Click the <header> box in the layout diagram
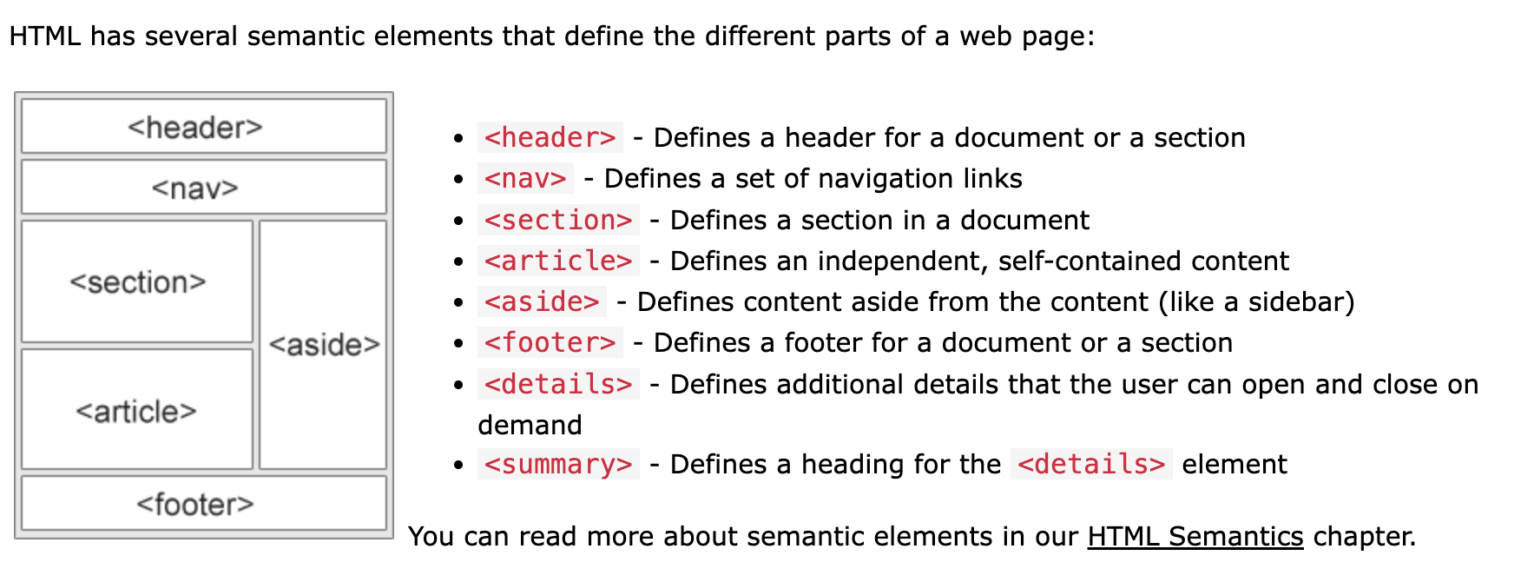(203, 127)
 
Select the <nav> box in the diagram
(203, 187)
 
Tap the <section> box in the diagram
(137, 281)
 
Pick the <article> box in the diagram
(137, 410)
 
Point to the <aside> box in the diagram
(323, 344)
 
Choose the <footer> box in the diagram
(203, 503)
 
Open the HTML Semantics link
(1195, 536)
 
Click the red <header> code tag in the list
(550, 137)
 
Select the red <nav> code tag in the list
(525, 178)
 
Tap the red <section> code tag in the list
(558, 220)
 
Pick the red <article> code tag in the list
(558, 261)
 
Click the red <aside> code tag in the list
(542, 301)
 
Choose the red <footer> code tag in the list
(550, 342)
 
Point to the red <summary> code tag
(558, 464)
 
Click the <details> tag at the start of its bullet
(558, 384)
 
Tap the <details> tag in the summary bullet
(1091, 464)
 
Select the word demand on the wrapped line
(530, 425)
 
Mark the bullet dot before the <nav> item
(458, 180)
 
